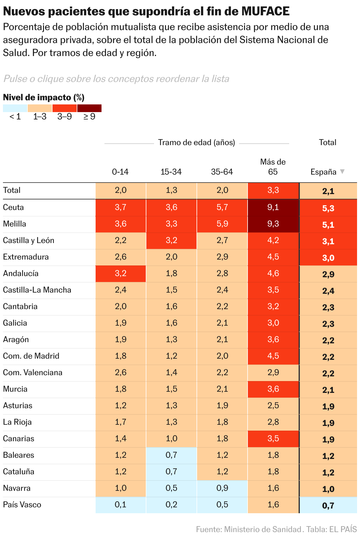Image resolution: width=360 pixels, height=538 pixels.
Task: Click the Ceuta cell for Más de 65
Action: tap(273, 207)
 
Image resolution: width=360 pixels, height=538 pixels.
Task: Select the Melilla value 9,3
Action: tap(273, 224)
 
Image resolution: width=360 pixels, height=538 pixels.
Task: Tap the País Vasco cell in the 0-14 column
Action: tap(120, 505)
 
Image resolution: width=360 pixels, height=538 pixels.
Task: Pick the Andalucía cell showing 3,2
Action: tap(120, 273)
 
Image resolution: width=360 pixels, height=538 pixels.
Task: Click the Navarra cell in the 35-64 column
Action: tap(222, 488)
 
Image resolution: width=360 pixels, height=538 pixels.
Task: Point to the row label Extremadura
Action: tap(26, 257)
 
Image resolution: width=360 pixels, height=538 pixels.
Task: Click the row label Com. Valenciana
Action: tap(32, 373)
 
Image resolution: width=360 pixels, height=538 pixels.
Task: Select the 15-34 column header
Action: tap(171, 172)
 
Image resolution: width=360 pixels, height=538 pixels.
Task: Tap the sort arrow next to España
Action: tap(342, 171)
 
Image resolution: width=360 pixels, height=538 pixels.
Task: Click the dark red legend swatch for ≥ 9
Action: tap(89, 108)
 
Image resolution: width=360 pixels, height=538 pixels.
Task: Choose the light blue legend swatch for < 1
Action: tap(15, 108)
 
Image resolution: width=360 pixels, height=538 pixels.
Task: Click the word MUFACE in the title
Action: tap(265, 11)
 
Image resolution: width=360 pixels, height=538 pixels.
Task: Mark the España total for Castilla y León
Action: tap(328, 242)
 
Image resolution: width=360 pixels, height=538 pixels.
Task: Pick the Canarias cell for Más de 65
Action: tap(273, 439)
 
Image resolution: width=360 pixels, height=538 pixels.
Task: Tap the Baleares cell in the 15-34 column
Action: tap(171, 455)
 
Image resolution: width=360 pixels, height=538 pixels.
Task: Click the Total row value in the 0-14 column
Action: tap(120, 190)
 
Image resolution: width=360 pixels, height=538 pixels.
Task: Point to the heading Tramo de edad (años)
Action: tap(197, 142)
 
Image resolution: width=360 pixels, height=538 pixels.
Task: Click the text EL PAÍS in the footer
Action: tap(343, 529)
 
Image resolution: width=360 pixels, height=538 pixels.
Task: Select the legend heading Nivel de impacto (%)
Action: tap(44, 97)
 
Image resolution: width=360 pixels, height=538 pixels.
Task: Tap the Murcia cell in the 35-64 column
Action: tap(222, 389)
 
